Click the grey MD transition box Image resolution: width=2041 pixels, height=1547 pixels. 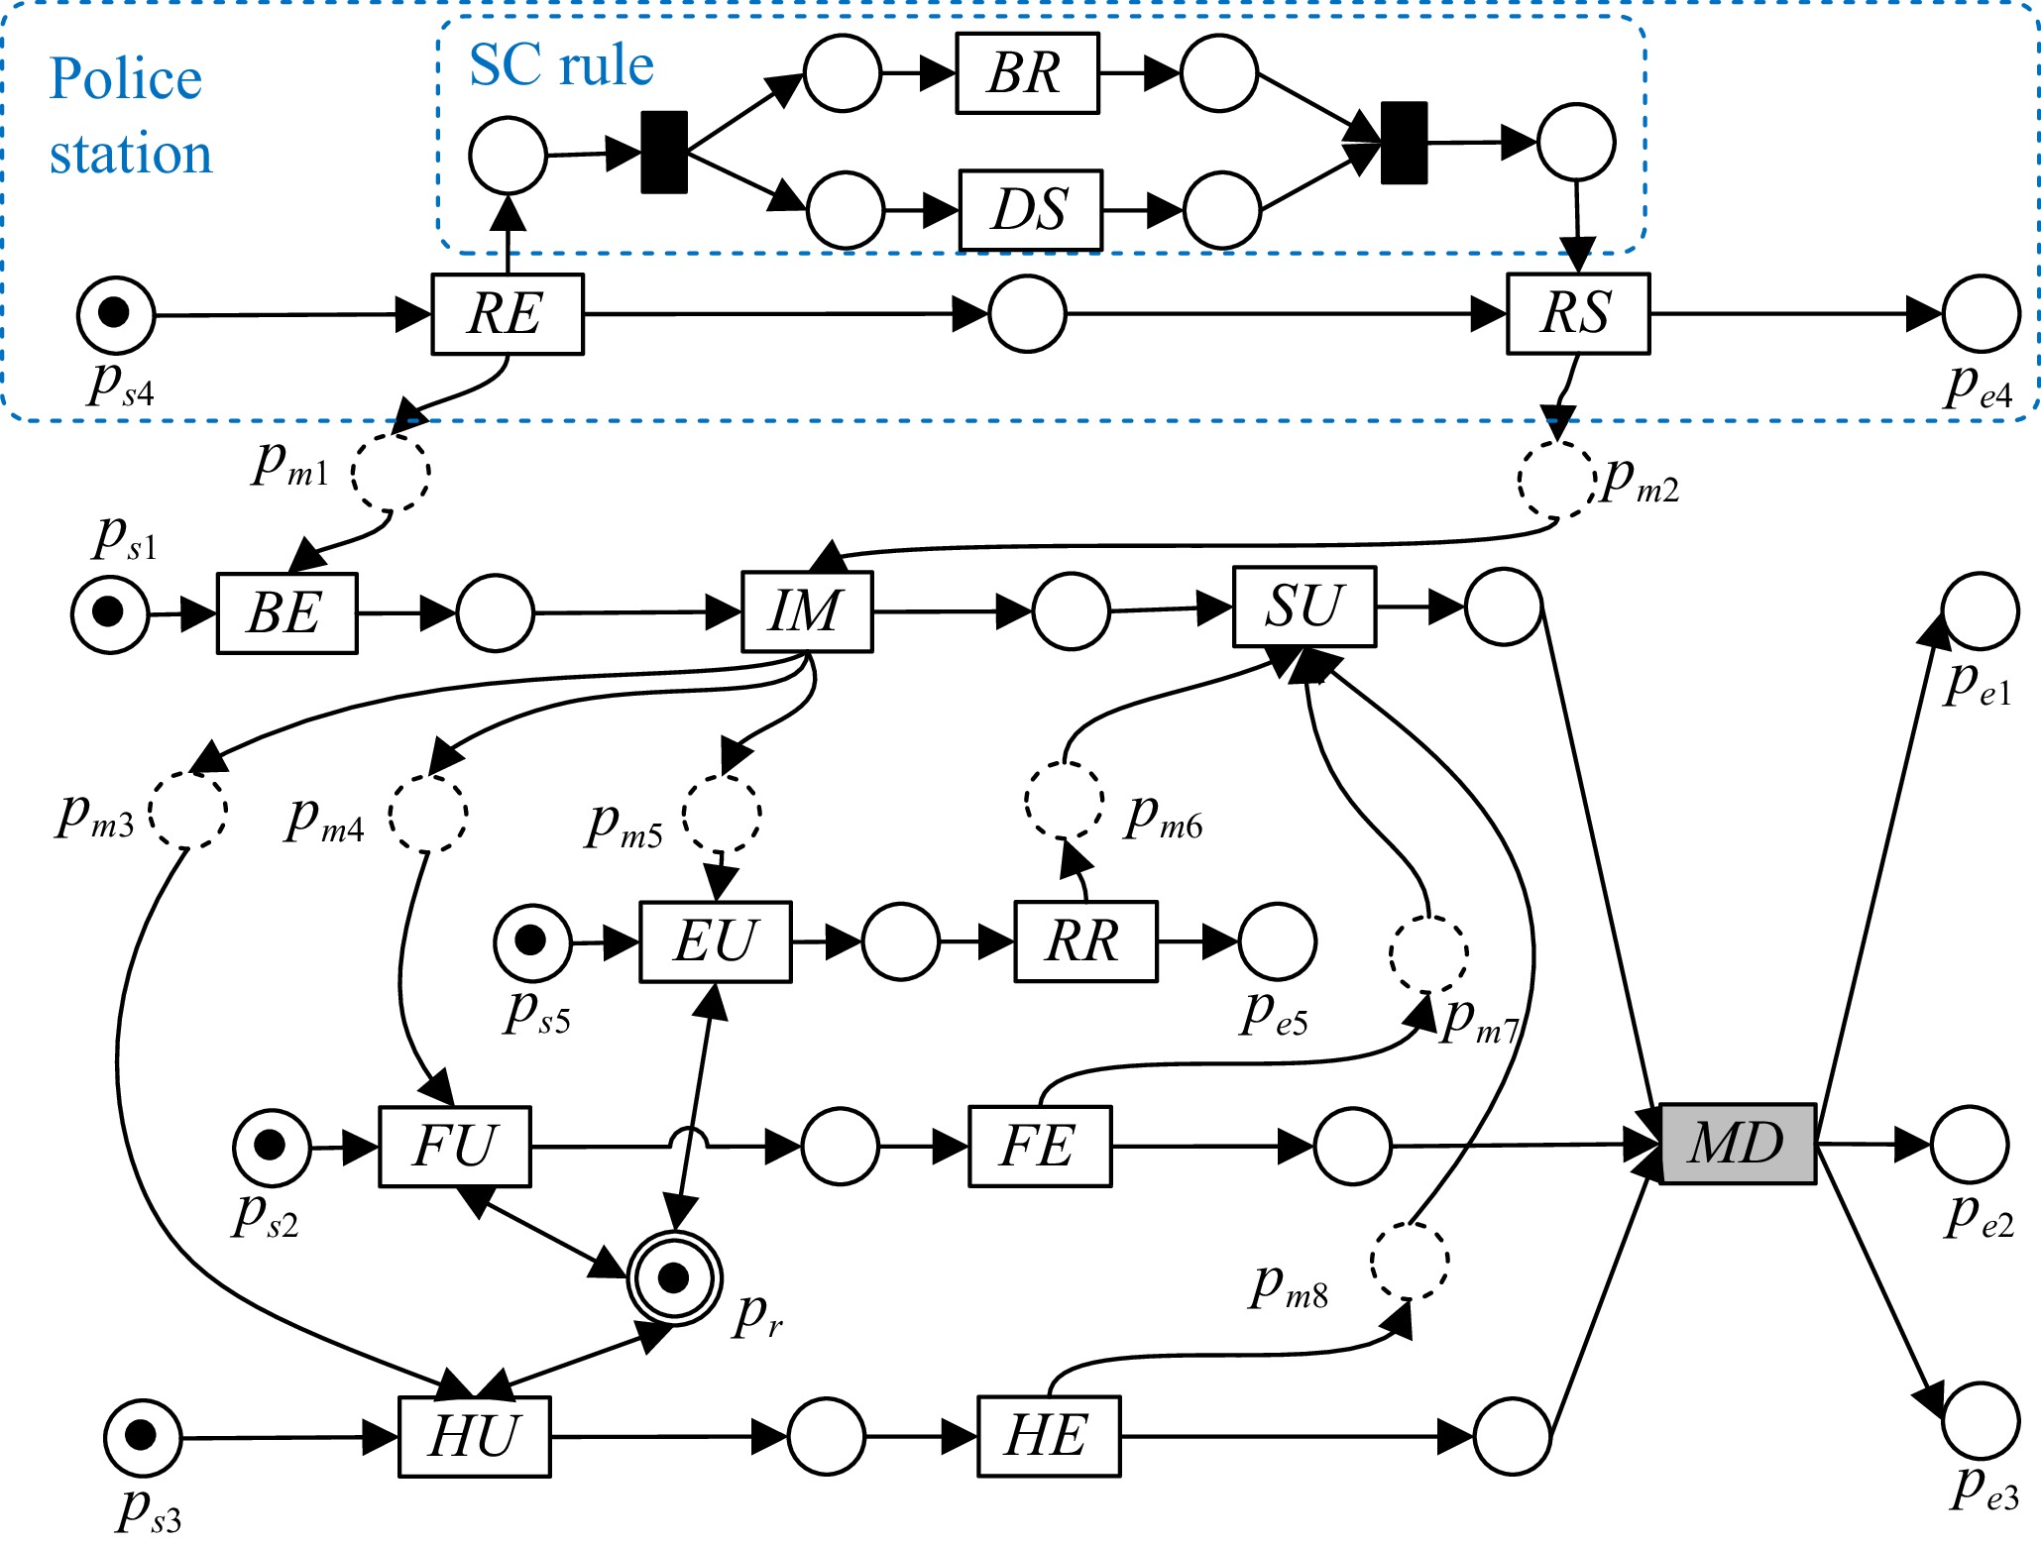click(x=1738, y=1144)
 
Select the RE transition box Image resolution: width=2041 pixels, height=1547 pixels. click(x=508, y=314)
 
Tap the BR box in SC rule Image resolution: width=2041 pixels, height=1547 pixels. click(x=1027, y=73)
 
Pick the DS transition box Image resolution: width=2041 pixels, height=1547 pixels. click(x=1030, y=210)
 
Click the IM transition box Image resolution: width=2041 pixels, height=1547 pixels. click(x=807, y=611)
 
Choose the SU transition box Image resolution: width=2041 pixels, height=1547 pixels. click(x=1304, y=607)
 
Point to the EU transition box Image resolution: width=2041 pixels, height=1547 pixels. click(x=715, y=941)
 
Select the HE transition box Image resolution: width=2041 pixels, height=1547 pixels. click(x=1049, y=1436)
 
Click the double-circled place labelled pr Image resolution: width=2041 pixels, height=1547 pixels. click(x=674, y=1278)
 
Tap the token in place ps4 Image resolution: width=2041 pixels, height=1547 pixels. click(x=115, y=312)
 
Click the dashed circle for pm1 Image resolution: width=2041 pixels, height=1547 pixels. click(x=392, y=472)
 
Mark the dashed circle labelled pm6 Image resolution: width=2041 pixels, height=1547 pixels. click(x=1064, y=801)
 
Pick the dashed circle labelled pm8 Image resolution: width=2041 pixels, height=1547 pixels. click(x=1410, y=1261)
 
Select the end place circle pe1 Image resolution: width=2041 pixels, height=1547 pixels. click(x=1980, y=610)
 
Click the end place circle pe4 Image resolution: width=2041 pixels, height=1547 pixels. click(x=1981, y=314)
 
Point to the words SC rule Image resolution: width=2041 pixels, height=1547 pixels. click(x=561, y=65)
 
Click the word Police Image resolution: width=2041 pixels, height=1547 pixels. click(x=126, y=79)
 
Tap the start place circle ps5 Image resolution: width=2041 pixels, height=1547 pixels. click(x=532, y=941)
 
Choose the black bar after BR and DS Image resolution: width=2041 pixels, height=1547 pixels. click(x=1404, y=143)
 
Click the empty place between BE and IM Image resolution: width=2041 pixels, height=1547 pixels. click(x=495, y=612)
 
